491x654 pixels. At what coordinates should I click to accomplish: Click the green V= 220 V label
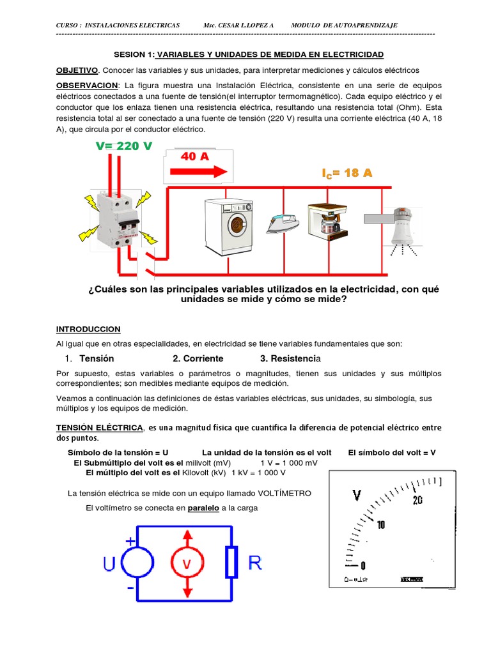coord(124,146)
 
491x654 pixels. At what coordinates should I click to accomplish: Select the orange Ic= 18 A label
coord(347,173)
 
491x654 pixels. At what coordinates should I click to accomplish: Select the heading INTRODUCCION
coord(88,329)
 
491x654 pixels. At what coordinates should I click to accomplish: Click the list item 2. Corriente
coord(198,358)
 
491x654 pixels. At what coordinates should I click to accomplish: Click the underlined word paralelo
coord(203,508)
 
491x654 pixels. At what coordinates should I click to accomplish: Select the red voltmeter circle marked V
coord(187,564)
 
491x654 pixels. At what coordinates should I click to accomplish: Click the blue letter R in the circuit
coord(254,563)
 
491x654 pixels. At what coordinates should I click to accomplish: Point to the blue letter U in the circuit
coord(109,564)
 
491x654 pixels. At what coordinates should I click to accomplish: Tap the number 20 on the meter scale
coord(417,501)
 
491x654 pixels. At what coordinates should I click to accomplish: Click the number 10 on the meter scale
coord(381,525)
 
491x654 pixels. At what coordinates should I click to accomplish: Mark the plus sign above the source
coord(130,540)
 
